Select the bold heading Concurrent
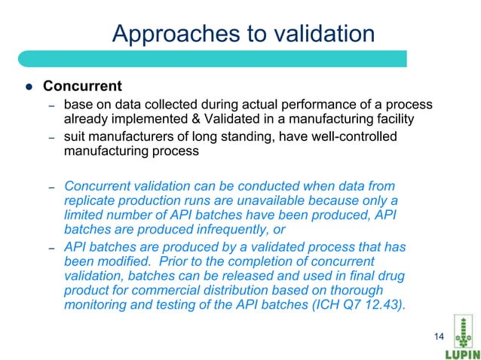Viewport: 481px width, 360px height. coord(82,84)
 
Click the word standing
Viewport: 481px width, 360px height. coord(249,136)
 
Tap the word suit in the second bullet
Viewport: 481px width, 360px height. coord(75,136)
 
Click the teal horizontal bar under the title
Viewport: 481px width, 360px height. coord(211,59)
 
